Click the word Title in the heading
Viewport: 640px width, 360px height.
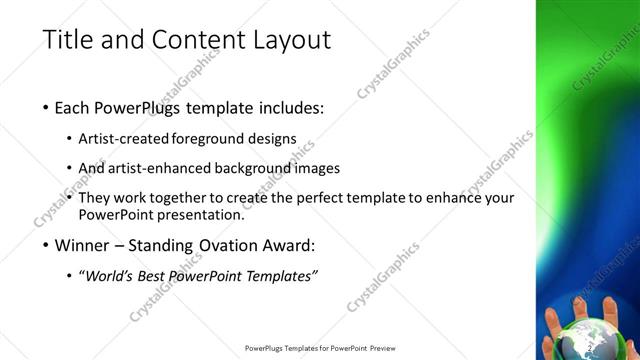click(x=70, y=40)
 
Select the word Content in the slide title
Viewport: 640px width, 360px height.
click(x=189, y=40)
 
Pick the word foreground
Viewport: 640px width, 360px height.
click(x=209, y=140)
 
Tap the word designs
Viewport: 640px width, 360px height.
click(x=272, y=140)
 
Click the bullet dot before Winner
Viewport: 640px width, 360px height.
click(x=47, y=245)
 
